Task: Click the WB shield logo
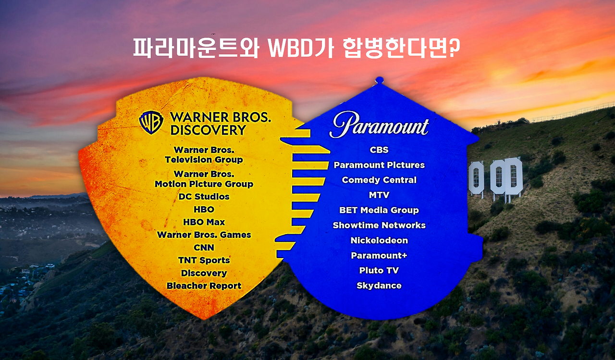pos(151,123)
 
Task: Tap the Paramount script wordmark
pos(379,125)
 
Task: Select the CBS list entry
pos(379,150)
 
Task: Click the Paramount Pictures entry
pos(379,165)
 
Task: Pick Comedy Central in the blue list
pos(379,180)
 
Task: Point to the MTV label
pos(379,195)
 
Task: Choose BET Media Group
pos(379,210)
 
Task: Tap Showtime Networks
pos(379,225)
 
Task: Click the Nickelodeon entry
pos(379,240)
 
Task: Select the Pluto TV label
pos(379,270)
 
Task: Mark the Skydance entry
pos(379,286)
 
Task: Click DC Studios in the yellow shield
pos(204,197)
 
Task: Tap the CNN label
pos(204,248)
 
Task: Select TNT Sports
pos(204,260)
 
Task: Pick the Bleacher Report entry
pos(204,286)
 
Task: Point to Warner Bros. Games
pos(204,235)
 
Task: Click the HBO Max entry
pos(204,222)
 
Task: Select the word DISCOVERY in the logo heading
pos(208,130)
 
